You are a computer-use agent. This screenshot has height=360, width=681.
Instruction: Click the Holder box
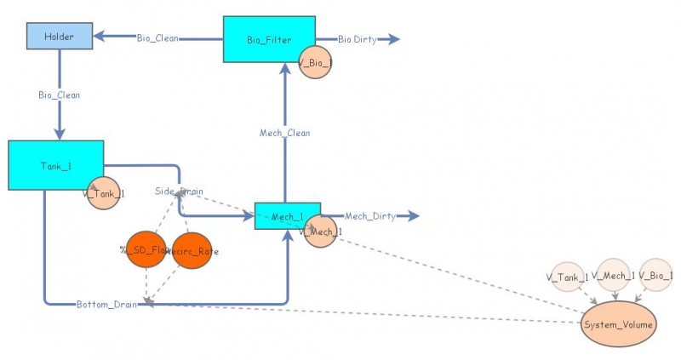(60, 37)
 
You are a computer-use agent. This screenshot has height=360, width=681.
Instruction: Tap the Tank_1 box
(56, 165)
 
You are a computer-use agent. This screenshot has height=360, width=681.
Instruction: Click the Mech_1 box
(288, 216)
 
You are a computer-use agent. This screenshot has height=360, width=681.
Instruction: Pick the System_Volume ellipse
(618, 325)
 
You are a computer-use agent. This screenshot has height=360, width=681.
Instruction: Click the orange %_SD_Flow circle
(146, 249)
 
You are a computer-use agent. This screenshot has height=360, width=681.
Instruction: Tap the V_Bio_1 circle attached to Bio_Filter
(315, 62)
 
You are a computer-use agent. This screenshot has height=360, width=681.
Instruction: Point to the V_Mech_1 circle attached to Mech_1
(321, 231)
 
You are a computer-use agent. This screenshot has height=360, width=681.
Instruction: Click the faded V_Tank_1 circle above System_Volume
(568, 276)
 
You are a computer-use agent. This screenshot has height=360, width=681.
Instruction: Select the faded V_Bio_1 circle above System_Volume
(656, 274)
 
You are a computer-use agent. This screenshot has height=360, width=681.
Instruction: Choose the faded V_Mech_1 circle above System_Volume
(613, 274)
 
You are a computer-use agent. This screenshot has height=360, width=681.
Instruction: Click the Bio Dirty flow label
(356, 39)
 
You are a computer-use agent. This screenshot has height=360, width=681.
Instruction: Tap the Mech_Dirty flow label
(370, 216)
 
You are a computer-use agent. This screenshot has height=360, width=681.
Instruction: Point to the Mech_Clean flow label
(284, 133)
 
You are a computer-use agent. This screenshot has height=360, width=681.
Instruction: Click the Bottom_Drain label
(106, 304)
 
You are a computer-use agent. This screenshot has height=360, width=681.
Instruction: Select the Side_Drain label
(179, 191)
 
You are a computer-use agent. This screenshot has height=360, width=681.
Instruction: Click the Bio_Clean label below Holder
(59, 94)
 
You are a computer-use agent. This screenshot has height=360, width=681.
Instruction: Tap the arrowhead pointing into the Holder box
(98, 37)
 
